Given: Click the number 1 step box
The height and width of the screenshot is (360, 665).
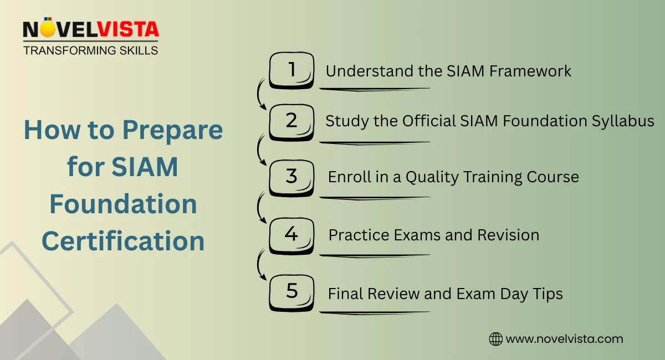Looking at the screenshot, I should (291, 70).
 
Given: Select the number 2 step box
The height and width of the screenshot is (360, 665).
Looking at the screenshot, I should (291, 121).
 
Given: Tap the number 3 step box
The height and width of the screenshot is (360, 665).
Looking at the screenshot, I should (291, 177).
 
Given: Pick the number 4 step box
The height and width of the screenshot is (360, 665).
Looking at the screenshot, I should (291, 234).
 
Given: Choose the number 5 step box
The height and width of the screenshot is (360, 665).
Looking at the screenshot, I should (291, 292).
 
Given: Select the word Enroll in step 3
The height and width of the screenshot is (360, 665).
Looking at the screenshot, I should (346, 177).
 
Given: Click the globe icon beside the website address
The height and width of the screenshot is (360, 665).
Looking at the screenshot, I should (495, 339).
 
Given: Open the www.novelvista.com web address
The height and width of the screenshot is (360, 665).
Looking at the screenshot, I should (565, 339).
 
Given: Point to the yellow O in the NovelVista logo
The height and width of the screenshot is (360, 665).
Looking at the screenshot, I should (48, 29).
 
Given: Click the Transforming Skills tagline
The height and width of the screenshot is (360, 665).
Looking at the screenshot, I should (90, 50).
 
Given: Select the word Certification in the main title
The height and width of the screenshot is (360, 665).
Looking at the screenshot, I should (123, 241).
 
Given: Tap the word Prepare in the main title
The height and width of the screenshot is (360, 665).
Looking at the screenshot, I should (173, 130).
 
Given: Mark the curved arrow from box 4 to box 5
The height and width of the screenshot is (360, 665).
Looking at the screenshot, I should (259, 264).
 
